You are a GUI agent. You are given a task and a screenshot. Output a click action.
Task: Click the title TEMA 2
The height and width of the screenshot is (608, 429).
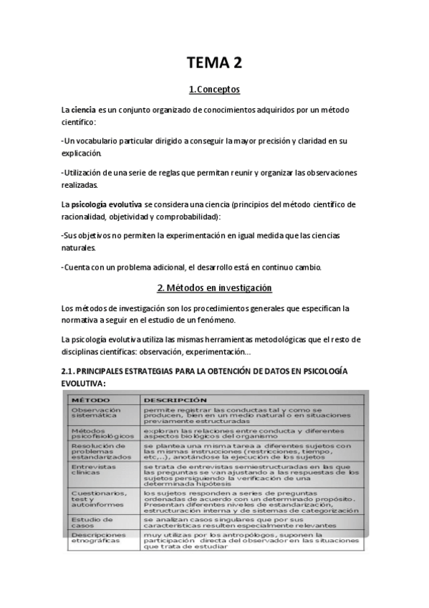[214, 63]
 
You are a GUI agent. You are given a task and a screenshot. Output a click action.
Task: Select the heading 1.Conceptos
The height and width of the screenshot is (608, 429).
[214, 90]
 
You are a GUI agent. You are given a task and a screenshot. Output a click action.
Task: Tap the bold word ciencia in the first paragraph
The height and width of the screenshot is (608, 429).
[84, 110]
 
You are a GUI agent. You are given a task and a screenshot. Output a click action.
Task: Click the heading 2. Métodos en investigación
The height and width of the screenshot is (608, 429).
[214, 288]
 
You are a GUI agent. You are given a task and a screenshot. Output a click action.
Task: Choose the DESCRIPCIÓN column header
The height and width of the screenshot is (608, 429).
[175, 399]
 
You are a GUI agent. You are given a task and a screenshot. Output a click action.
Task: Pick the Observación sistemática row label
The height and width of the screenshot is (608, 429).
[96, 414]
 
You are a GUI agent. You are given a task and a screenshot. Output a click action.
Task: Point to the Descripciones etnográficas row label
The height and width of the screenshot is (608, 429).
[98, 538]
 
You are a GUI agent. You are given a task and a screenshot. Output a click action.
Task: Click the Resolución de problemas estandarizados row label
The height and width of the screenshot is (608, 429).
[101, 452]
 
